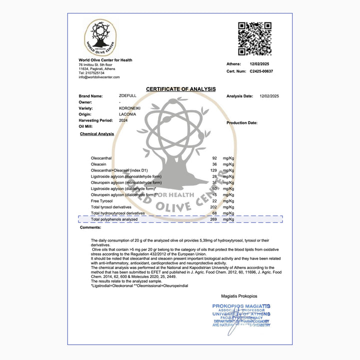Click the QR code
254,38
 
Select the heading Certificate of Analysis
180,89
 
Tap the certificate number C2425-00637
261,71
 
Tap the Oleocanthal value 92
214,158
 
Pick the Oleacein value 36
214,164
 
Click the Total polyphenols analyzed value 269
213,219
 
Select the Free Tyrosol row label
101,200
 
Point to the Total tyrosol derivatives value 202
213,206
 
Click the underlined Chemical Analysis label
97,134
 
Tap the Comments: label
91,227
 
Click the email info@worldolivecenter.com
99,77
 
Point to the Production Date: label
242,122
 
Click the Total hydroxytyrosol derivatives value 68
214,213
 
